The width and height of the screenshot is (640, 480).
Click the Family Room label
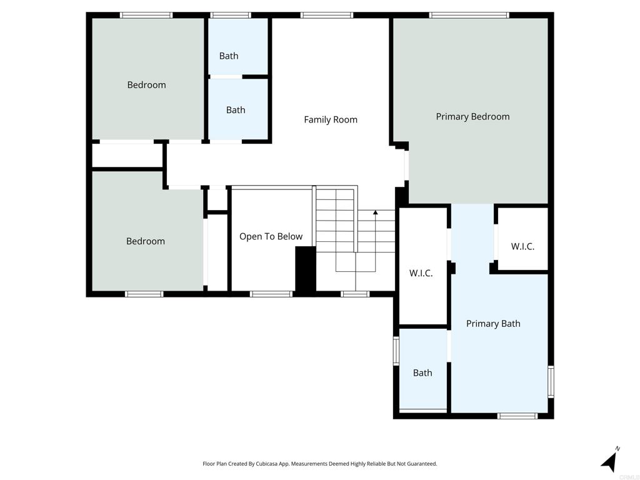coord(331,119)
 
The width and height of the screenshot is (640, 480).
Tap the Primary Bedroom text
coord(472,116)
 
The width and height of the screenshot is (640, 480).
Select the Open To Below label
coord(271,236)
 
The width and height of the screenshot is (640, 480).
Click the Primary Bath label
coord(493,323)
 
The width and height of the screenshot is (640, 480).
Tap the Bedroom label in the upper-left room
coord(146,85)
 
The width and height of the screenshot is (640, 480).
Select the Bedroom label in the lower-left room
coord(146,241)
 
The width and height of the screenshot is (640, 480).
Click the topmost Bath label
coord(229,56)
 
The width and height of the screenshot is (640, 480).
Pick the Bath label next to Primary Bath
coord(422,373)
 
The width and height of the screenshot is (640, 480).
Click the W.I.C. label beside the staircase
coord(421,273)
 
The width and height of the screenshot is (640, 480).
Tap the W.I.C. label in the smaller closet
coord(522,246)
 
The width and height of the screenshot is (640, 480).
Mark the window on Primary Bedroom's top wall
coord(469,15)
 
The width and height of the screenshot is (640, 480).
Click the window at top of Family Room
coord(326,15)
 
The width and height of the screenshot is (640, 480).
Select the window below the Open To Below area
coord(271,294)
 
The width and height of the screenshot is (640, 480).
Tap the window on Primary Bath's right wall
coord(551,381)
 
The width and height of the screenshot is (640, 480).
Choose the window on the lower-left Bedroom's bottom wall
coord(144,294)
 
